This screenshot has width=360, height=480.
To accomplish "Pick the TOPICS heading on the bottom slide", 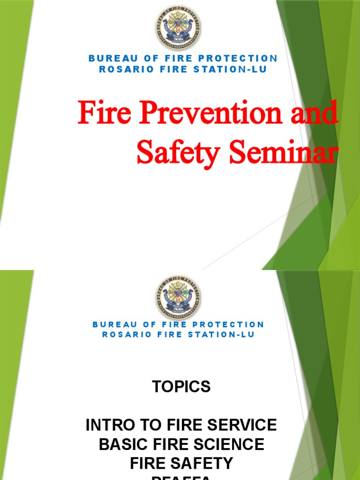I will click(181, 387).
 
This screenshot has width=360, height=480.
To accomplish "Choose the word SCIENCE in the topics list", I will click(227, 444).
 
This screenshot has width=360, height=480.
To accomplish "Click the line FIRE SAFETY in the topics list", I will click(181, 463).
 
